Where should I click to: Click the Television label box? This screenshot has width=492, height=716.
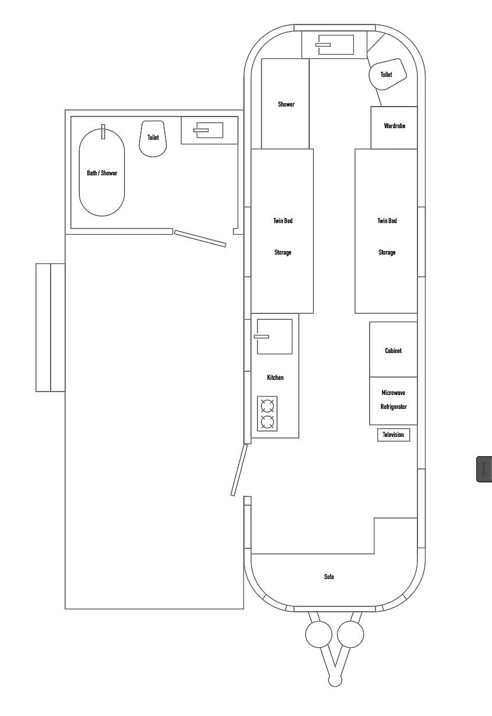[393, 435]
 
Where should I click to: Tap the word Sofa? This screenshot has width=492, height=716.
[329, 577]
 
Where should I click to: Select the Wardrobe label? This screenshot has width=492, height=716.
[395, 126]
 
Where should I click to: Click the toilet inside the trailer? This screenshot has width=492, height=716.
[388, 74]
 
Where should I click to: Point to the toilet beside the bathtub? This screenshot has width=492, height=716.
[153, 139]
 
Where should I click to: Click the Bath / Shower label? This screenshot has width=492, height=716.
[102, 173]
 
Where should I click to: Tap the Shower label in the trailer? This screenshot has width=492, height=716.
[286, 104]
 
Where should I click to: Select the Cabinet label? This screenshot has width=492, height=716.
[393, 351]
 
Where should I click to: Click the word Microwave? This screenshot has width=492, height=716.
[393, 393]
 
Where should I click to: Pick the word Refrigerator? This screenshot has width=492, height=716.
[394, 407]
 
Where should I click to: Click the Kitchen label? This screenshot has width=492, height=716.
[275, 378]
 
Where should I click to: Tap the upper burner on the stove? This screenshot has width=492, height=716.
[267, 406]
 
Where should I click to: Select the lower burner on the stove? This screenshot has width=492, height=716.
[267, 422]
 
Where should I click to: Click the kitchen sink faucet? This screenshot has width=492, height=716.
[261, 337]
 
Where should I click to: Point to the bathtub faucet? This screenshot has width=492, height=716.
[103, 132]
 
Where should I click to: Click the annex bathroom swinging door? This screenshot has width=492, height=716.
[200, 238]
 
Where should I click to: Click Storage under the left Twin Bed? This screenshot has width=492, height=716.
[283, 252]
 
